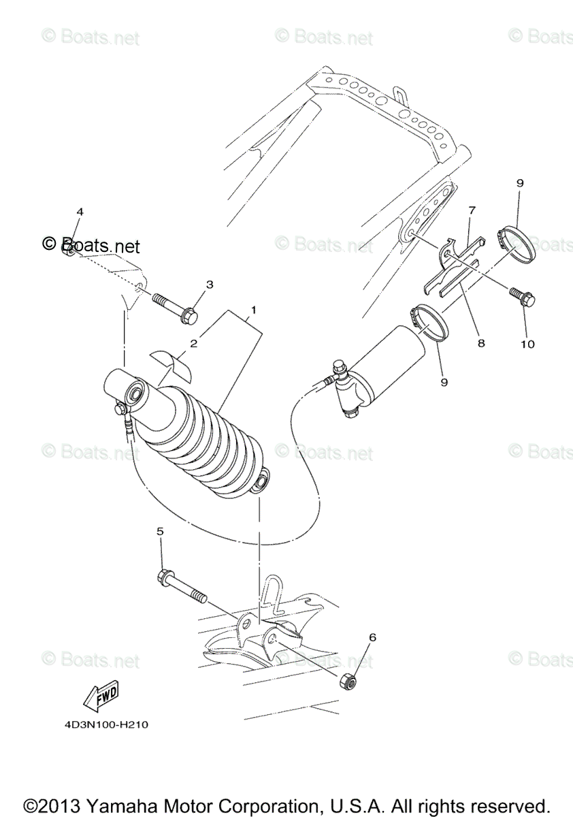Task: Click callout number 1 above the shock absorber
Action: point(253,310)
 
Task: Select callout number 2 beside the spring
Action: point(193,344)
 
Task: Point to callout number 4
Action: point(80,212)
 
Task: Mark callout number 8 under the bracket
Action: point(481,344)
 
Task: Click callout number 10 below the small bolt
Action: point(527,344)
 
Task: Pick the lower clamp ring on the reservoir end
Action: point(429,321)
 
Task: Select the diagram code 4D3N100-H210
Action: point(102,725)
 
